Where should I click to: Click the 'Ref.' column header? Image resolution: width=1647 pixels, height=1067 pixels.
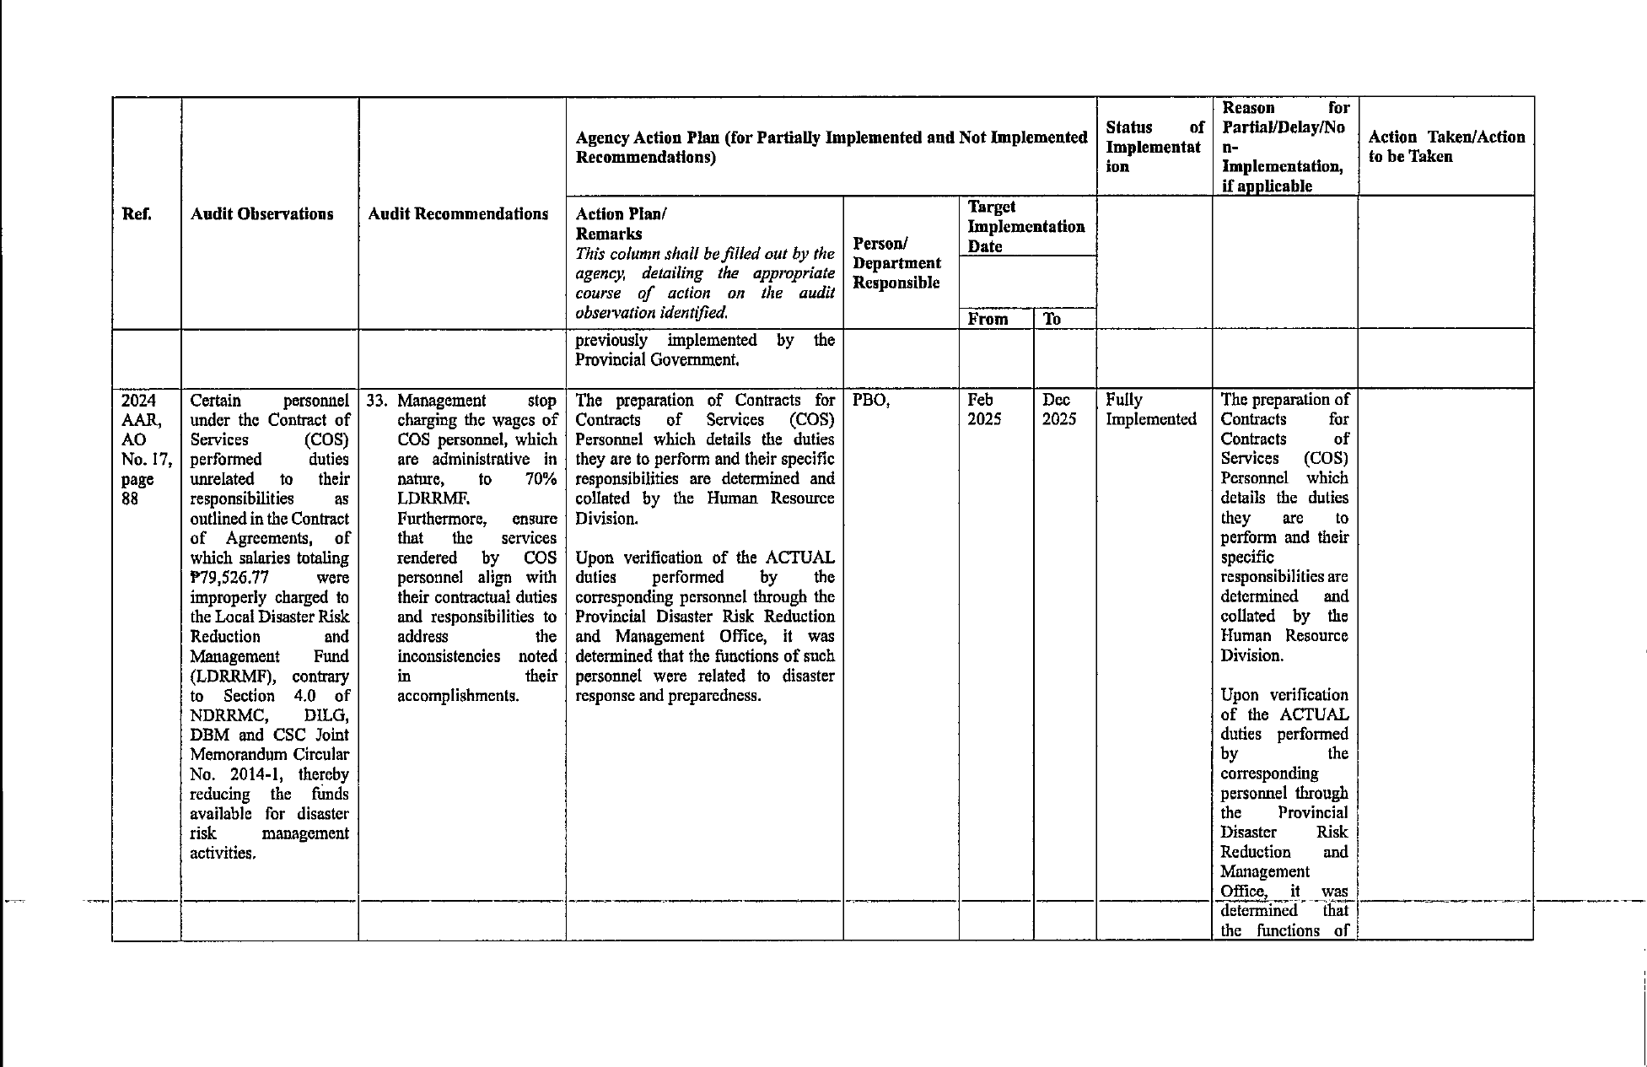(x=137, y=214)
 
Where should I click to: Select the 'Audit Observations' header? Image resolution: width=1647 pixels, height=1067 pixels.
(x=261, y=214)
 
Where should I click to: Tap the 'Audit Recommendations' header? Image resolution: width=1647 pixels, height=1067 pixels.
(x=458, y=214)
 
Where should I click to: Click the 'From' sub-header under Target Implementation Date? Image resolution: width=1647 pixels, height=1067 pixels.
(x=988, y=319)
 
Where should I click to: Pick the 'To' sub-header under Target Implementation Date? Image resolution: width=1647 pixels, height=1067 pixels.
(x=1052, y=319)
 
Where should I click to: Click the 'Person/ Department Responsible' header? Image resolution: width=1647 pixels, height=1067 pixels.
(x=896, y=263)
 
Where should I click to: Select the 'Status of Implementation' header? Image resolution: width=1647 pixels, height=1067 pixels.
(x=1154, y=147)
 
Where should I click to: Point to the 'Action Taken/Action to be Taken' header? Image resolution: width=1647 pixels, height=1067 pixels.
(x=1446, y=147)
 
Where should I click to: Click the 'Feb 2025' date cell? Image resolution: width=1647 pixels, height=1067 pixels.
(x=983, y=409)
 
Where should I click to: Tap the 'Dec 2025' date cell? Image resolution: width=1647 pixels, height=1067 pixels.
(x=1058, y=409)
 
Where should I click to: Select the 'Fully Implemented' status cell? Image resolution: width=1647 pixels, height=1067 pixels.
(x=1150, y=409)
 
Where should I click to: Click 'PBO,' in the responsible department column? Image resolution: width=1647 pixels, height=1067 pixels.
(x=871, y=400)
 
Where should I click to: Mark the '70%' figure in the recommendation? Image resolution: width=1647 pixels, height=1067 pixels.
(x=539, y=479)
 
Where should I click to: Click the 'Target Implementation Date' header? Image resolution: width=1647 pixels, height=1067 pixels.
(x=1025, y=227)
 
